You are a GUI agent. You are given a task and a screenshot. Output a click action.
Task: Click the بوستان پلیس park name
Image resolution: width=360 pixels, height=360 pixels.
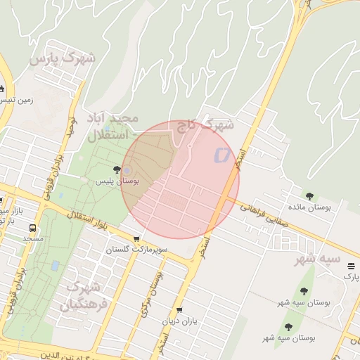point(117,181)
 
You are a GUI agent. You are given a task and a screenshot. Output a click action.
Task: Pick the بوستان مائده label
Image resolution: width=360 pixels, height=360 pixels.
point(309,207)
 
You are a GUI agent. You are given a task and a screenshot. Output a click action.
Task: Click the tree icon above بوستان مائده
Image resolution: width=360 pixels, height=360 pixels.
point(309,195)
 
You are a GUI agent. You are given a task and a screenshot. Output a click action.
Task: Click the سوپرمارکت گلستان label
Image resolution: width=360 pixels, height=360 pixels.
point(136,250)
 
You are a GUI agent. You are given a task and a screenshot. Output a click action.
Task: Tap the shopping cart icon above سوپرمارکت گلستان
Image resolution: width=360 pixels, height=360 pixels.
point(136,239)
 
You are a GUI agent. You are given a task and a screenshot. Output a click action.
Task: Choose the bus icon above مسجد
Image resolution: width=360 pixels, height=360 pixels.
point(32,229)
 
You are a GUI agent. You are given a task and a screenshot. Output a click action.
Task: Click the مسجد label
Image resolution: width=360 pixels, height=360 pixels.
point(32,239)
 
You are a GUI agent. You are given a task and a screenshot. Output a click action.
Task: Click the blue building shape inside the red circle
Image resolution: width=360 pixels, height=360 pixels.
point(222,154)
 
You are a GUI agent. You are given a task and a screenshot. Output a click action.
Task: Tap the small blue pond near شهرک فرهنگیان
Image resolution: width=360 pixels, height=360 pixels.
point(55,266)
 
